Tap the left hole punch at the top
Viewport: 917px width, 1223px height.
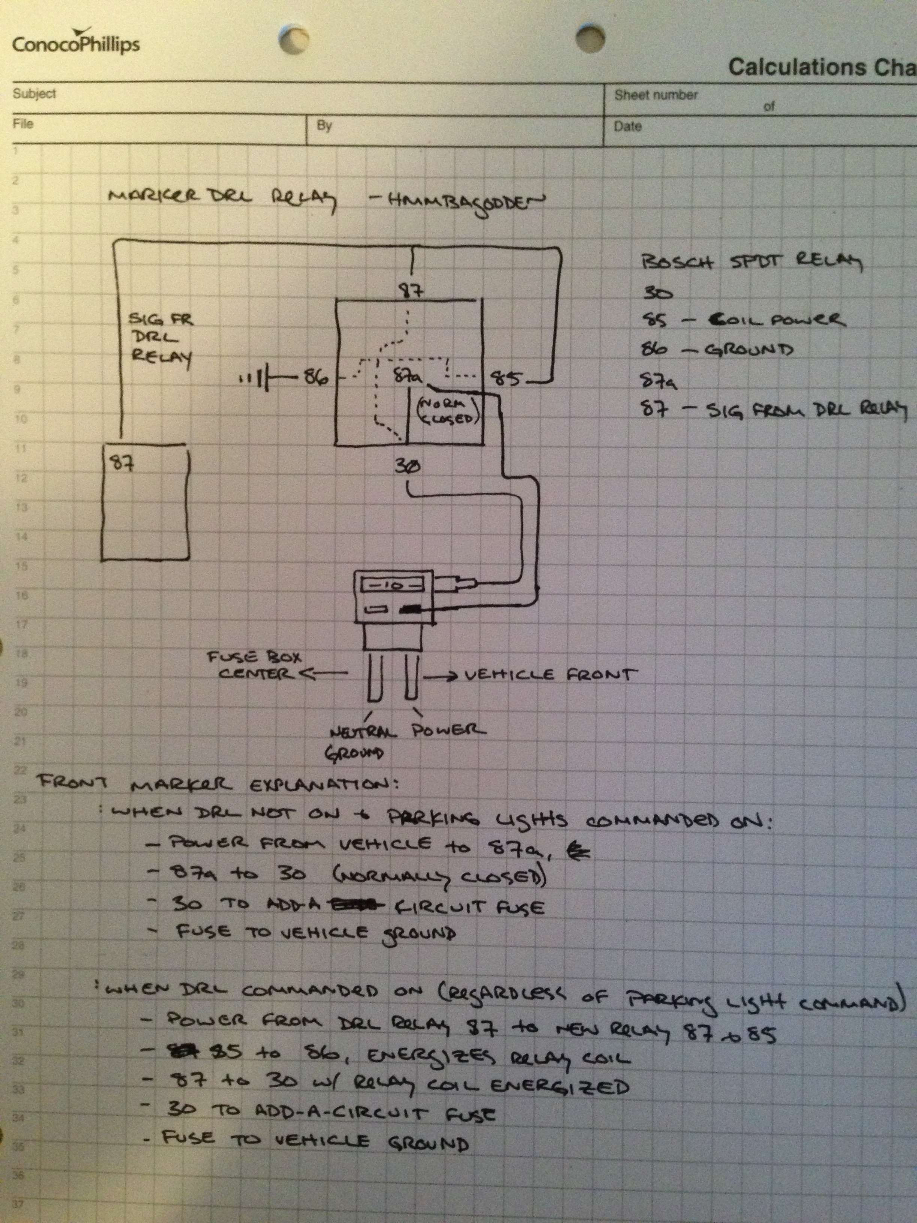point(294,39)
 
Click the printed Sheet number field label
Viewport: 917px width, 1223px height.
point(656,95)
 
